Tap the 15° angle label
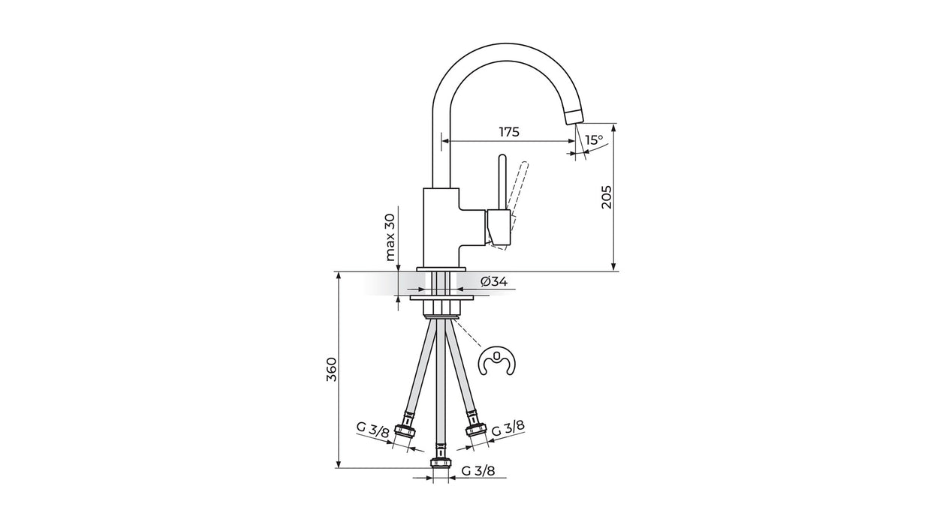(x=594, y=139)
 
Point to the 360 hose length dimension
(x=331, y=369)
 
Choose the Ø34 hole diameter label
(x=493, y=281)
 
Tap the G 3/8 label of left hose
(x=372, y=429)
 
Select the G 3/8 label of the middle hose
(x=478, y=471)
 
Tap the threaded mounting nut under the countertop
(x=441, y=308)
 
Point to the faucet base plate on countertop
(x=441, y=268)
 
